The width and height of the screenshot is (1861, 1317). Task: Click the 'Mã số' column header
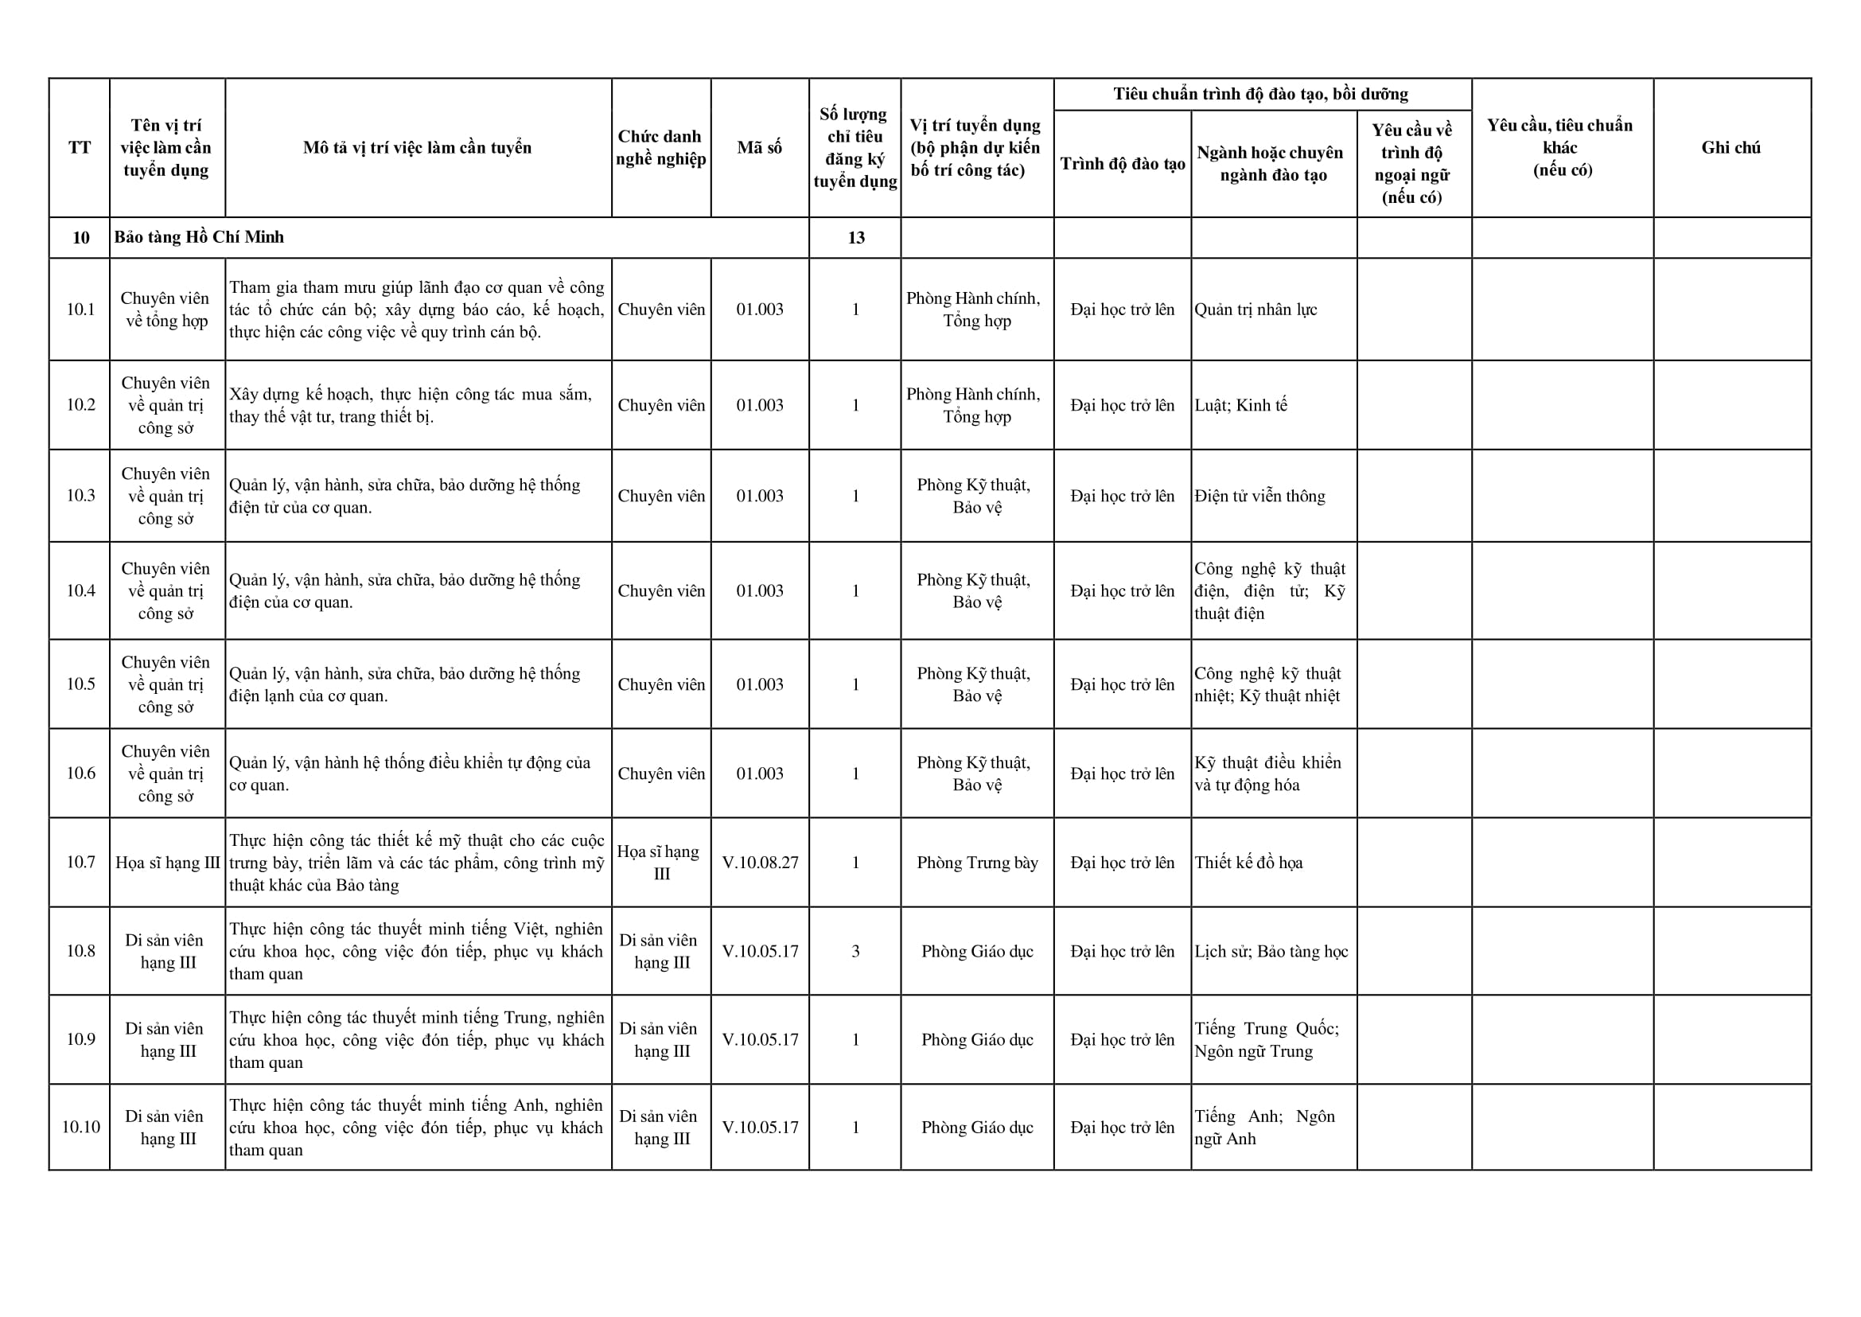[x=759, y=147]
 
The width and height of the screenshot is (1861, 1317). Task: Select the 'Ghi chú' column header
[x=1731, y=147]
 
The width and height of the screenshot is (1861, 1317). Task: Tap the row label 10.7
[x=80, y=862]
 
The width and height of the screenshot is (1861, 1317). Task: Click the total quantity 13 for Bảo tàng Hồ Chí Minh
[x=855, y=238]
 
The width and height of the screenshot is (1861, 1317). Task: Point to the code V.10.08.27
[x=760, y=862]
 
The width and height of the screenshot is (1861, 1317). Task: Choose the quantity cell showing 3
[x=855, y=951]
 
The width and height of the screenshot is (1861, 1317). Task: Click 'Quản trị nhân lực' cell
[x=1256, y=310]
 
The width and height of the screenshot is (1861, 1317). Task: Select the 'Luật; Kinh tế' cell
[x=1240, y=406]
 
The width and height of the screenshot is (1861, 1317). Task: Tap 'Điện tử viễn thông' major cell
[x=1259, y=497]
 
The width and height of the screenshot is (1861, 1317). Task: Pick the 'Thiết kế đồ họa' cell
[x=1248, y=862]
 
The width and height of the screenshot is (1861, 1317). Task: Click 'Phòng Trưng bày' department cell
[x=977, y=862]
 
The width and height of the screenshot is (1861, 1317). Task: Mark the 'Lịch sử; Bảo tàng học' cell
[x=1271, y=951]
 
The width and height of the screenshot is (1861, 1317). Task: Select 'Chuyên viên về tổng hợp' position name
[x=166, y=310]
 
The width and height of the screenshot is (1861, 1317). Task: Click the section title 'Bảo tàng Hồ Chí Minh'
[x=199, y=238]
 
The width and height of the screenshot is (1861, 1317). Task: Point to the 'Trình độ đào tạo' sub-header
[x=1123, y=164]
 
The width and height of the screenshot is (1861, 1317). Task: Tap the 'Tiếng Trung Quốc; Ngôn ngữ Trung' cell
[x=1266, y=1039]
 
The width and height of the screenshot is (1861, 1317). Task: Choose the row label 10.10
[x=80, y=1128]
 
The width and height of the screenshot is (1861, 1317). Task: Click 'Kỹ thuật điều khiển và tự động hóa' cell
[x=1267, y=773]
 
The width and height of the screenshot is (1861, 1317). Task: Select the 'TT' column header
[x=80, y=147]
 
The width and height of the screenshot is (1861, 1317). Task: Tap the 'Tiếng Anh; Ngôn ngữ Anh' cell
[x=1263, y=1128]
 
